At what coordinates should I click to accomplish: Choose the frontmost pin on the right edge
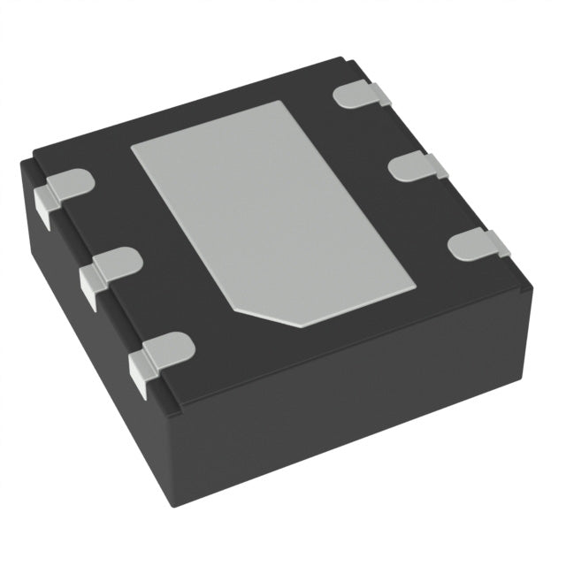(x=478, y=242)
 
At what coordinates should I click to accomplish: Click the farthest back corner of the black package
(x=340, y=60)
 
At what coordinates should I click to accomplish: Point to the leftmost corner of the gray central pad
(x=132, y=146)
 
